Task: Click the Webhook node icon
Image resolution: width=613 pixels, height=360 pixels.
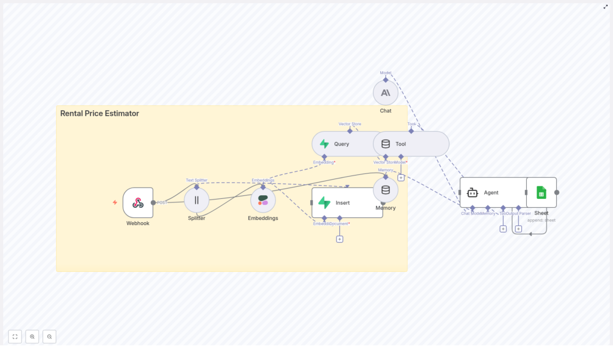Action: click(138, 202)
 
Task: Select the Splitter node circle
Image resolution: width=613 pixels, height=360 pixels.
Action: click(196, 200)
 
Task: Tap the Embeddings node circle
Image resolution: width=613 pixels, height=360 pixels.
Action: click(263, 200)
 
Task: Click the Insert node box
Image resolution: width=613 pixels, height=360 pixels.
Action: click(347, 202)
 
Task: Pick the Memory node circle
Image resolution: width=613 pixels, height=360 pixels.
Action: click(386, 190)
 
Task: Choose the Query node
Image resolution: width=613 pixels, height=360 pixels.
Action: click(341, 144)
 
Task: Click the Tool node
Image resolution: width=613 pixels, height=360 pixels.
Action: click(411, 144)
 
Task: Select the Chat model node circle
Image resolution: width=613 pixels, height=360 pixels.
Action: click(386, 93)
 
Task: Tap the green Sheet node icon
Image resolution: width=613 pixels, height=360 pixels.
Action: click(541, 192)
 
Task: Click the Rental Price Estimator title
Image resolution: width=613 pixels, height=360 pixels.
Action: click(99, 113)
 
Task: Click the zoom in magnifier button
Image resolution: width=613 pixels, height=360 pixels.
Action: click(32, 337)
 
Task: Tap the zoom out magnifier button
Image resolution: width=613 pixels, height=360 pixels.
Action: click(50, 337)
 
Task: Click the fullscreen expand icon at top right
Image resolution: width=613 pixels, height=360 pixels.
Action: click(605, 7)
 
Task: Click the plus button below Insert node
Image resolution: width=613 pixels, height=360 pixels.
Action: click(339, 239)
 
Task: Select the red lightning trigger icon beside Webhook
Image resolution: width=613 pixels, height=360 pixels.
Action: click(115, 202)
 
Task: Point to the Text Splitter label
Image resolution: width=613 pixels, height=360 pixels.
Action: click(196, 180)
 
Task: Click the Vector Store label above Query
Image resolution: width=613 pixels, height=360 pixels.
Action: click(350, 124)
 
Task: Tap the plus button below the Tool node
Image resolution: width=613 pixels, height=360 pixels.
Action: click(401, 177)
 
